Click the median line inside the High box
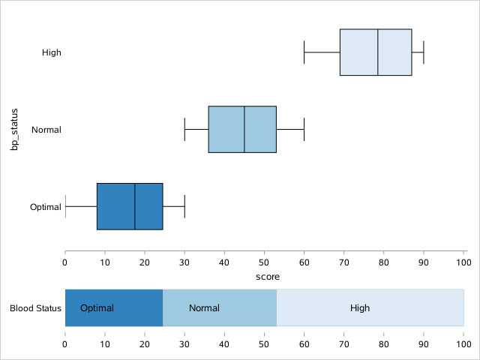(x=378, y=52)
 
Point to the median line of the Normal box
(x=244, y=129)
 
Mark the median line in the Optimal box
(x=135, y=205)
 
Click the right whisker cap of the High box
(x=424, y=52)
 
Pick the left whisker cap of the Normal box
(x=184, y=129)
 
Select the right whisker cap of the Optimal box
(x=184, y=205)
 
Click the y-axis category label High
(x=52, y=52)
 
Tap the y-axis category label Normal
(x=46, y=130)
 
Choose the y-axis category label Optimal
(x=45, y=206)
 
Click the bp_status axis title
(x=13, y=129)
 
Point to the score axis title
(x=268, y=277)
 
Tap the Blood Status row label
(x=35, y=308)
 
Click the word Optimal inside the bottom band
(x=97, y=308)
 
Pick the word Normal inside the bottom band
(x=204, y=308)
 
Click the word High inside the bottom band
(x=360, y=308)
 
